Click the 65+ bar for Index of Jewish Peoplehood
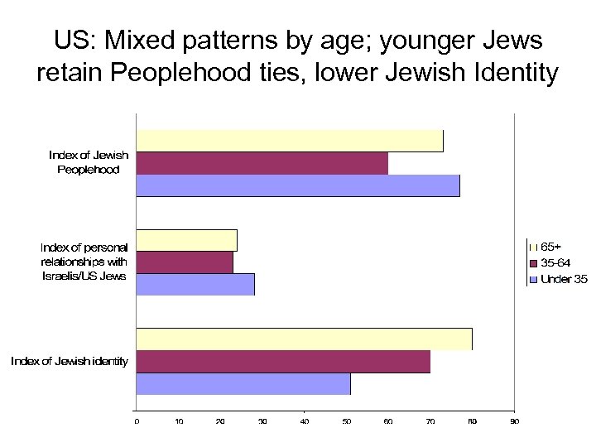click(290, 141)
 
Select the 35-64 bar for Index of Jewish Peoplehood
click(262, 163)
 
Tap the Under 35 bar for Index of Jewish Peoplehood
click(298, 185)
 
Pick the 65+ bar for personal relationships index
click(186, 240)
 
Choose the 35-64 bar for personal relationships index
click(185, 262)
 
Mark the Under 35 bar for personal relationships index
click(195, 284)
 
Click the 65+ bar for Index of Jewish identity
click(304, 339)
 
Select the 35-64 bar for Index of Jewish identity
click(283, 362)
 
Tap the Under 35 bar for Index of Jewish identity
click(243, 384)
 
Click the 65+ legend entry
click(550, 247)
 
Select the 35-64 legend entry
click(555, 262)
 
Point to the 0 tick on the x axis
click(137, 422)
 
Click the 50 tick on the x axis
click(346, 422)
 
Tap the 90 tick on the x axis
click(514, 422)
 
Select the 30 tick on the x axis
click(262, 422)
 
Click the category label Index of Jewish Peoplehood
click(89, 162)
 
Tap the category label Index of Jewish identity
click(70, 362)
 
